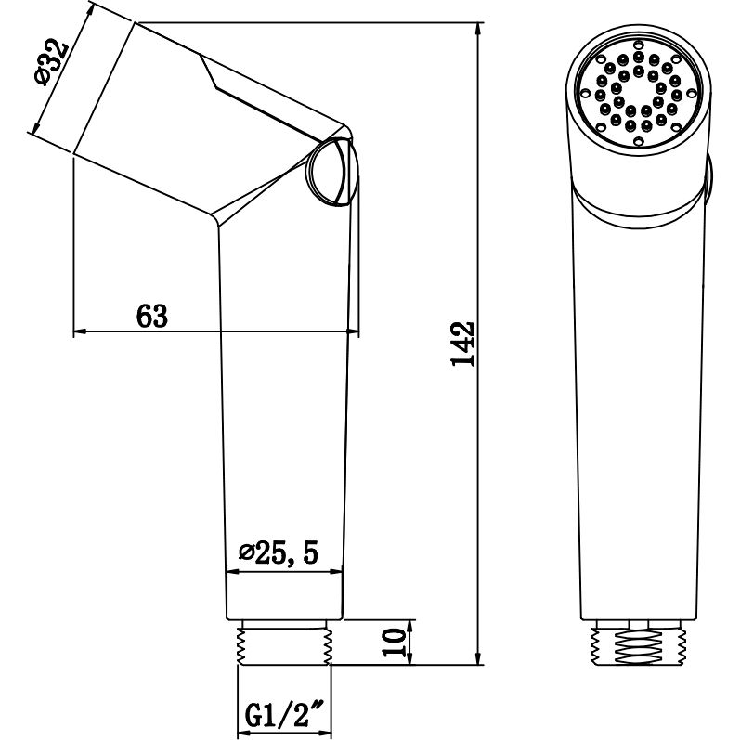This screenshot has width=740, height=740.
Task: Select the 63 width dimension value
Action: [153, 317]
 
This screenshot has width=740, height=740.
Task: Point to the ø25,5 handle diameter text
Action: [279, 553]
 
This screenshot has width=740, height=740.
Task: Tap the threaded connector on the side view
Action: [285, 643]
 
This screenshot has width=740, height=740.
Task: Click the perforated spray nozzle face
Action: [638, 95]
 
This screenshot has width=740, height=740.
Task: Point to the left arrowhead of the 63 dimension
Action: [80, 331]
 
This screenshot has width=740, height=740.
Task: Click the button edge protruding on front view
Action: [708, 181]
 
